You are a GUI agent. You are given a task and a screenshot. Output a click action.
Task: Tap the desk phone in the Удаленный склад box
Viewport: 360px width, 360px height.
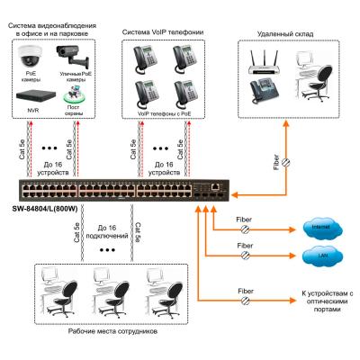264,93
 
